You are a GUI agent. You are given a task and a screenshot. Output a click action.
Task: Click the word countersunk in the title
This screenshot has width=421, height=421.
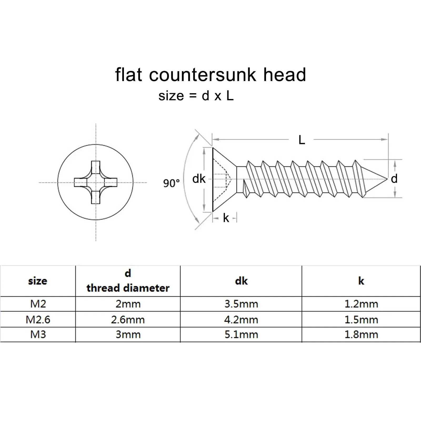coord(202,75)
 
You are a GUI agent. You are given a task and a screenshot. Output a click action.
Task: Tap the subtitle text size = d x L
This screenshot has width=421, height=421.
coord(196,96)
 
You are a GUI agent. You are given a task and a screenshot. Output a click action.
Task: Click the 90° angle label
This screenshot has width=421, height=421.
coord(171,183)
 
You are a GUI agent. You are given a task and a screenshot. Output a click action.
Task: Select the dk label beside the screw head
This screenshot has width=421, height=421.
coord(199,179)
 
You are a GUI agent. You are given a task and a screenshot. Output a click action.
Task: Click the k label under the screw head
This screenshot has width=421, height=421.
coord(226,218)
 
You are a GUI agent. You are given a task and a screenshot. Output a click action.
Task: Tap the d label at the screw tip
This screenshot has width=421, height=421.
coord(394,179)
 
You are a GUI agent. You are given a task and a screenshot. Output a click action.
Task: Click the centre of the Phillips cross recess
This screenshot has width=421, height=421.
coord(96,182)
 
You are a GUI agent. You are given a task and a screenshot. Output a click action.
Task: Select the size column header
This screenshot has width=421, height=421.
coord(38,281)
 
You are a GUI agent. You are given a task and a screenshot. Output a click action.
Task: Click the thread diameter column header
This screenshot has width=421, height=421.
coord(128,288)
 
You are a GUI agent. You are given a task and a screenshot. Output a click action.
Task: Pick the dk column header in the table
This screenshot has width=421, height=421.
coord(241,281)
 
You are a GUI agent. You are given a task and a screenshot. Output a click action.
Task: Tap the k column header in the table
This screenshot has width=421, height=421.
coord(361,281)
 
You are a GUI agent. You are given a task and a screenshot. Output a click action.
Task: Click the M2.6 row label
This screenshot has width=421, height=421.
coord(38,320)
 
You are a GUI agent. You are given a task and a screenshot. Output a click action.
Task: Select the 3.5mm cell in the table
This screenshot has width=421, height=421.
coord(241,304)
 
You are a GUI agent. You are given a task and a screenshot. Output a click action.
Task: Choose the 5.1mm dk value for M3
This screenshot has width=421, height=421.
coord(241,335)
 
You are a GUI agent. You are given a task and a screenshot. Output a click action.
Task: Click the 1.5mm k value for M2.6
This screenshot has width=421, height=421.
coord(361,320)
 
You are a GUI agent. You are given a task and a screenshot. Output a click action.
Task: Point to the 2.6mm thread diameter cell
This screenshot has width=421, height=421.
coord(128,320)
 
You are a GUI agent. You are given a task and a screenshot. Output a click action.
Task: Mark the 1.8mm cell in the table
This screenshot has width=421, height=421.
coord(361,335)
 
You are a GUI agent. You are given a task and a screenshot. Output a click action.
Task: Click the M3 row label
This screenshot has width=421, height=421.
coord(38,335)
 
